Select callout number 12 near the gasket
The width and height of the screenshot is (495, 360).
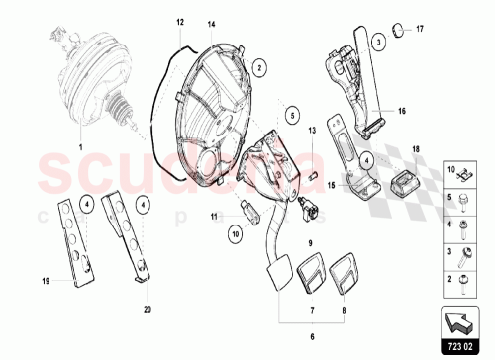(x=181, y=21)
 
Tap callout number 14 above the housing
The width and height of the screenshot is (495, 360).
(x=211, y=22)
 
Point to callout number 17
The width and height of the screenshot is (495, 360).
(x=418, y=29)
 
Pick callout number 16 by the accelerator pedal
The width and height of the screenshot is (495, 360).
(x=402, y=113)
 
